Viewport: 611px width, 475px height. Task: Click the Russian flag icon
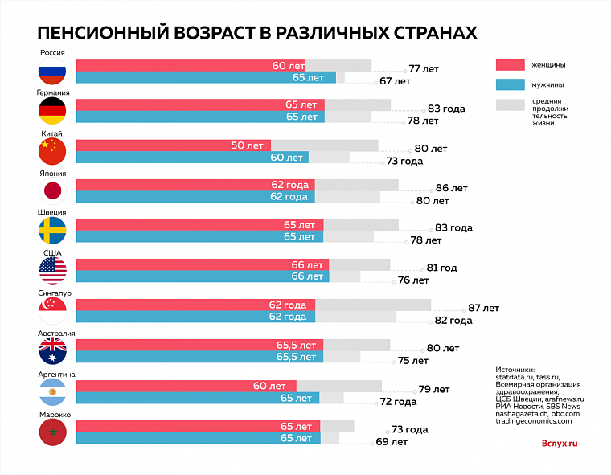(51, 72)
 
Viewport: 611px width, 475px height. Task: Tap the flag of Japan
(51, 191)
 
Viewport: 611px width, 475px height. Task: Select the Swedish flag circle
(51, 231)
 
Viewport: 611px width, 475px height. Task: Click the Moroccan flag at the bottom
(51, 432)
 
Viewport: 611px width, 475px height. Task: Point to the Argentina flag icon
(51, 392)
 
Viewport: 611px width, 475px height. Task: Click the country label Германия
(52, 92)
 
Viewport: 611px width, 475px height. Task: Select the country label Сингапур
(52, 293)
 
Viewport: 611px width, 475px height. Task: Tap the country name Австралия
(56, 334)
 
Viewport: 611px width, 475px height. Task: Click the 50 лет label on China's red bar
(247, 145)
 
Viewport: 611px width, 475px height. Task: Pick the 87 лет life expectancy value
(483, 308)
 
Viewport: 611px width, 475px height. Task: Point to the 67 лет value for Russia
(395, 81)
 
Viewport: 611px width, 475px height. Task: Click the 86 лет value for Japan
(451, 187)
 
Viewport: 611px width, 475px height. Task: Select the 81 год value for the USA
(441, 268)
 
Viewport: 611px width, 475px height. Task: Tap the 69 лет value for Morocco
(392, 442)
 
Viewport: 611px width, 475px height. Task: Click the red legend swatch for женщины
(510, 64)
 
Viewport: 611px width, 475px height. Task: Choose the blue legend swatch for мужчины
(510, 84)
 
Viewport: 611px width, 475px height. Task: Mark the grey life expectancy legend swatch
(510, 104)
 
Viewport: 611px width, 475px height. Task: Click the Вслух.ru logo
(560, 442)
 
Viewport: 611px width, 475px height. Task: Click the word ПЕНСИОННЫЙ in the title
(100, 31)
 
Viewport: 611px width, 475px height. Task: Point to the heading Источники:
(515, 370)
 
